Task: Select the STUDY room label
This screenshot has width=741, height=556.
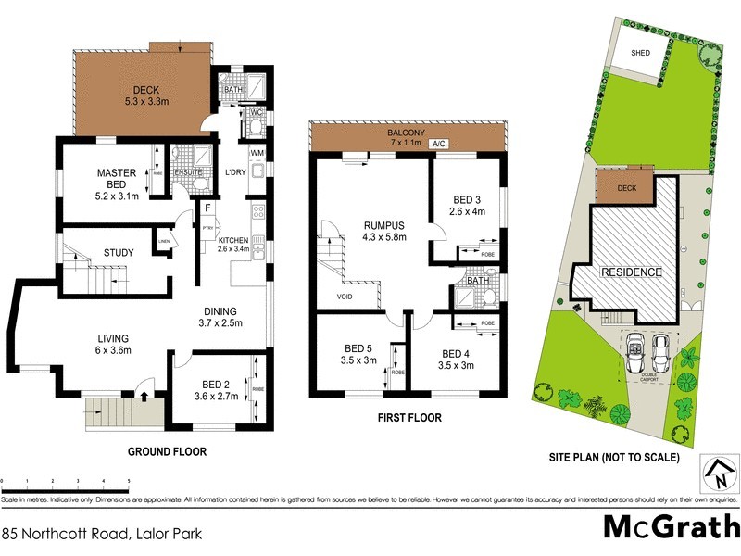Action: coord(119,252)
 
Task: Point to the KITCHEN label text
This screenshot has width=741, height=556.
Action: coord(232,240)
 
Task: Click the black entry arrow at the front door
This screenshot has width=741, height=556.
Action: coord(144,395)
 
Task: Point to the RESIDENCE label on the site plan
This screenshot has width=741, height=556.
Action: coord(633,272)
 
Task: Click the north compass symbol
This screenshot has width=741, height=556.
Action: coord(718,474)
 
